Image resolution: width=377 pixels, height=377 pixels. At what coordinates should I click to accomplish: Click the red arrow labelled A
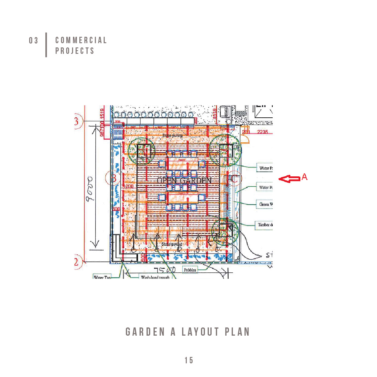pyautogui.click(x=289, y=179)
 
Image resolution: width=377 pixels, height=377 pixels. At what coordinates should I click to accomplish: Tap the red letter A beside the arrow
pyautogui.click(x=304, y=177)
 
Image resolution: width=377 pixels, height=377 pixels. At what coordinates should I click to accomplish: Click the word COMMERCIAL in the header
pyautogui.click(x=81, y=40)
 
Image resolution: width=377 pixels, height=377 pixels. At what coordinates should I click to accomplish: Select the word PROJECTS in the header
pyautogui.click(x=75, y=51)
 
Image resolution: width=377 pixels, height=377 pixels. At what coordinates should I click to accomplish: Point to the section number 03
pyautogui.click(x=34, y=40)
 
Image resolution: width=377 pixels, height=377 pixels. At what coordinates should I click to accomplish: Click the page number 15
pyautogui.click(x=189, y=360)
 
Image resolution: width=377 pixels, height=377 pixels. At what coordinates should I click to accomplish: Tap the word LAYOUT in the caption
pyautogui.click(x=200, y=332)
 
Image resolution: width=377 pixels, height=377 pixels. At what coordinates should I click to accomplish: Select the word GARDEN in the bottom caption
pyautogui.click(x=145, y=332)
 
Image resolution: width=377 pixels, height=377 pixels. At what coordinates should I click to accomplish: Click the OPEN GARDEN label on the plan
pyautogui.click(x=184, y=180)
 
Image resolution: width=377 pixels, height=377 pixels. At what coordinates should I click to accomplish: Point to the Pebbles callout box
pyautogui.click(x=190, y=270)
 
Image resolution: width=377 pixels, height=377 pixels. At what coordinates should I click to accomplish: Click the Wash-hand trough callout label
pyautogui.click(x=155, y=277)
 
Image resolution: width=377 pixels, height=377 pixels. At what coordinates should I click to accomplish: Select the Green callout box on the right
pyautogui.click(x=265, y=204)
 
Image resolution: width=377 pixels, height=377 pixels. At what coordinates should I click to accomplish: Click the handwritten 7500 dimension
pyautogui.click(x=164, y=270)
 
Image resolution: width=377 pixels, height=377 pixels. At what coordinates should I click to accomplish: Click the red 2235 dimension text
pyautogui.click(x=262, y=132)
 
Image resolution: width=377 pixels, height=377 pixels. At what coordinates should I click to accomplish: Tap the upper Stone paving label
pyautogui.click(x=172, y=135)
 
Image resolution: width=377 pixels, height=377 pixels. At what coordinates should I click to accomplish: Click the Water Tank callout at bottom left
pyautogui.click(x=102, y=277)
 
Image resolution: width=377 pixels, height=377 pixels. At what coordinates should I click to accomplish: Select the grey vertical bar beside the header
pyautogui.click(x=46, y=45)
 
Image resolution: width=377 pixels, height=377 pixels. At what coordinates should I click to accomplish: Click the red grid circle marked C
pyautogui.click(x=234, y=178)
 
